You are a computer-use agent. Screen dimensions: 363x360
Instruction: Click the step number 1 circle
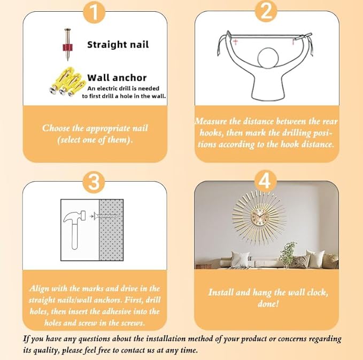94,12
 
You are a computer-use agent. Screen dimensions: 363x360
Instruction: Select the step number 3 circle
94,182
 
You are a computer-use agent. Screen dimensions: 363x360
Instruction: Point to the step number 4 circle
266,181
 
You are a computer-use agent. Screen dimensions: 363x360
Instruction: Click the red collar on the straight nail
67,48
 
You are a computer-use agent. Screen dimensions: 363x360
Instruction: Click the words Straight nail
118,45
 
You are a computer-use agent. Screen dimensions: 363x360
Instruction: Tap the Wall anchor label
117,78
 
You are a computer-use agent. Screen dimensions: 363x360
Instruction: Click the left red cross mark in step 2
235,42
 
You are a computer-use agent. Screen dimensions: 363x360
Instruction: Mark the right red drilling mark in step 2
294,42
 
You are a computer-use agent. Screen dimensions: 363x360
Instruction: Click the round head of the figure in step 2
268,58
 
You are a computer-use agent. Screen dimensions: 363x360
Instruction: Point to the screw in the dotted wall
107,216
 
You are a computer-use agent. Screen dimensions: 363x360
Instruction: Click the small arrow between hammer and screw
91,216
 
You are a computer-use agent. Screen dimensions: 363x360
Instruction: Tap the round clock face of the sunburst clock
259,217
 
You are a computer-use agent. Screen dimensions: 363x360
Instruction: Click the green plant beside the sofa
288,254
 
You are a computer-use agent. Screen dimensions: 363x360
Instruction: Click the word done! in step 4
268,304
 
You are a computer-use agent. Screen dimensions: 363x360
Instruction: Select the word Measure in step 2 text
211,121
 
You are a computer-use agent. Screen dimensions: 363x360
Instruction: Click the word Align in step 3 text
39,288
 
